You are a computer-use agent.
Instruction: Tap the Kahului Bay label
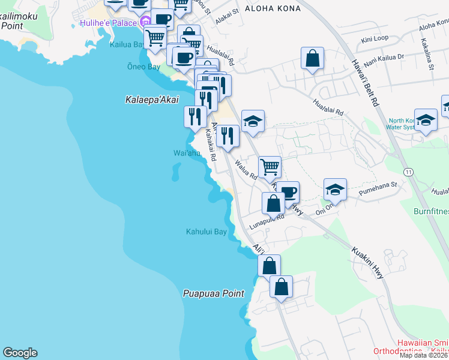pyautogui.click(x=206, y=232)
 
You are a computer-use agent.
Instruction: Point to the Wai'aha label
pyautogui.click(x=187, y=154)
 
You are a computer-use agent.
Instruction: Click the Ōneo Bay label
pyautogui.click(x=143, y=67)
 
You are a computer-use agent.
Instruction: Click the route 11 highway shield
pyautogui.click(x=408, y=172)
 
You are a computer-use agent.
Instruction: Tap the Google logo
pyautogui.click(x=20, y=353)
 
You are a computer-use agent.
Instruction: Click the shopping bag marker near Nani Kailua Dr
pyautogui.click(x=312, y=59)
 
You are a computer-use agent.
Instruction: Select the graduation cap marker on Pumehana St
pyautogui.click(x=335, y=190)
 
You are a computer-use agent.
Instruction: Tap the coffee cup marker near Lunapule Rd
pyautogui.click(x=288, y=192)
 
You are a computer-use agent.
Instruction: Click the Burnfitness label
pyautogui.click(x=430, y=211)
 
